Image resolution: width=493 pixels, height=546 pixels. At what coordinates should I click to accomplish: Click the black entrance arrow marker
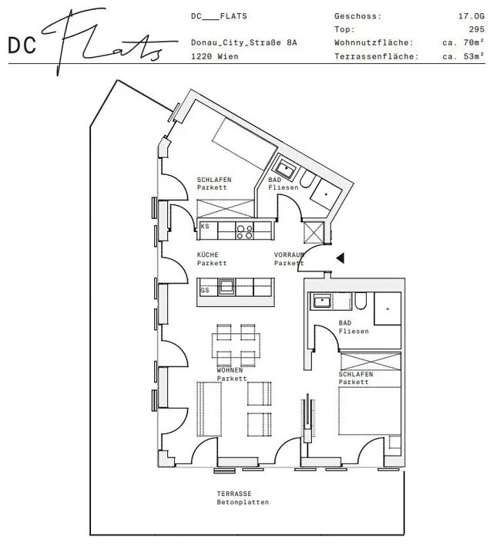tap(340, 258)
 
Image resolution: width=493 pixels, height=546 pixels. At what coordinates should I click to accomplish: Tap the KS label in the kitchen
tap(205, 226)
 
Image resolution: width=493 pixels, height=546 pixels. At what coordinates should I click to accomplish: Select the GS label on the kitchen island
tap(205, 290)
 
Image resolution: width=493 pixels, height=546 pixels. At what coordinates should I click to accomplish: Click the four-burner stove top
tap(245, 231)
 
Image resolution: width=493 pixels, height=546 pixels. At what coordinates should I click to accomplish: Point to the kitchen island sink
tap(226, 287)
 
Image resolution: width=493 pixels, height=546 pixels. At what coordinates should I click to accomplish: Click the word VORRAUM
tap(289, 255)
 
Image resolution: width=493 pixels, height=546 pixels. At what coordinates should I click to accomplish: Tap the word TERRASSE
tap(234, 494)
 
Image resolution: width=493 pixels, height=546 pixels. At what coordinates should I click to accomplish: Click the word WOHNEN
tap(230, 370)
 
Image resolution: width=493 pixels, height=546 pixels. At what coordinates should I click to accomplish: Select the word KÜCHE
tap(208, 255)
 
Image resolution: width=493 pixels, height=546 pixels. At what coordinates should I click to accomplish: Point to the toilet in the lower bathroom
tap(361, 301)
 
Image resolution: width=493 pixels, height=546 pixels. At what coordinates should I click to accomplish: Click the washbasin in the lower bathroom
tap(322, 301)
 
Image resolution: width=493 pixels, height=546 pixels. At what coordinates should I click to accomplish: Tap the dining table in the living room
tap(236, 345)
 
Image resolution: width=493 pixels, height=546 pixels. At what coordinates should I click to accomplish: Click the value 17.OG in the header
tap(471, 16)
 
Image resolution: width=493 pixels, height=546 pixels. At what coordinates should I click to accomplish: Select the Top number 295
tap(477, 29)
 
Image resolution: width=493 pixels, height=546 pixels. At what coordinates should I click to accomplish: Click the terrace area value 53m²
tap(474, 56)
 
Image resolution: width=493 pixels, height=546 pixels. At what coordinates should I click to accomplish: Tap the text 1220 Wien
tap(215, 56)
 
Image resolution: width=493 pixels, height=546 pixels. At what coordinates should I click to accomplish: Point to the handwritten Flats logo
tap(109, 41)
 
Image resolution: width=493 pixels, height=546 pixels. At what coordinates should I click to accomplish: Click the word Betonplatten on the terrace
tap(243, 502)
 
